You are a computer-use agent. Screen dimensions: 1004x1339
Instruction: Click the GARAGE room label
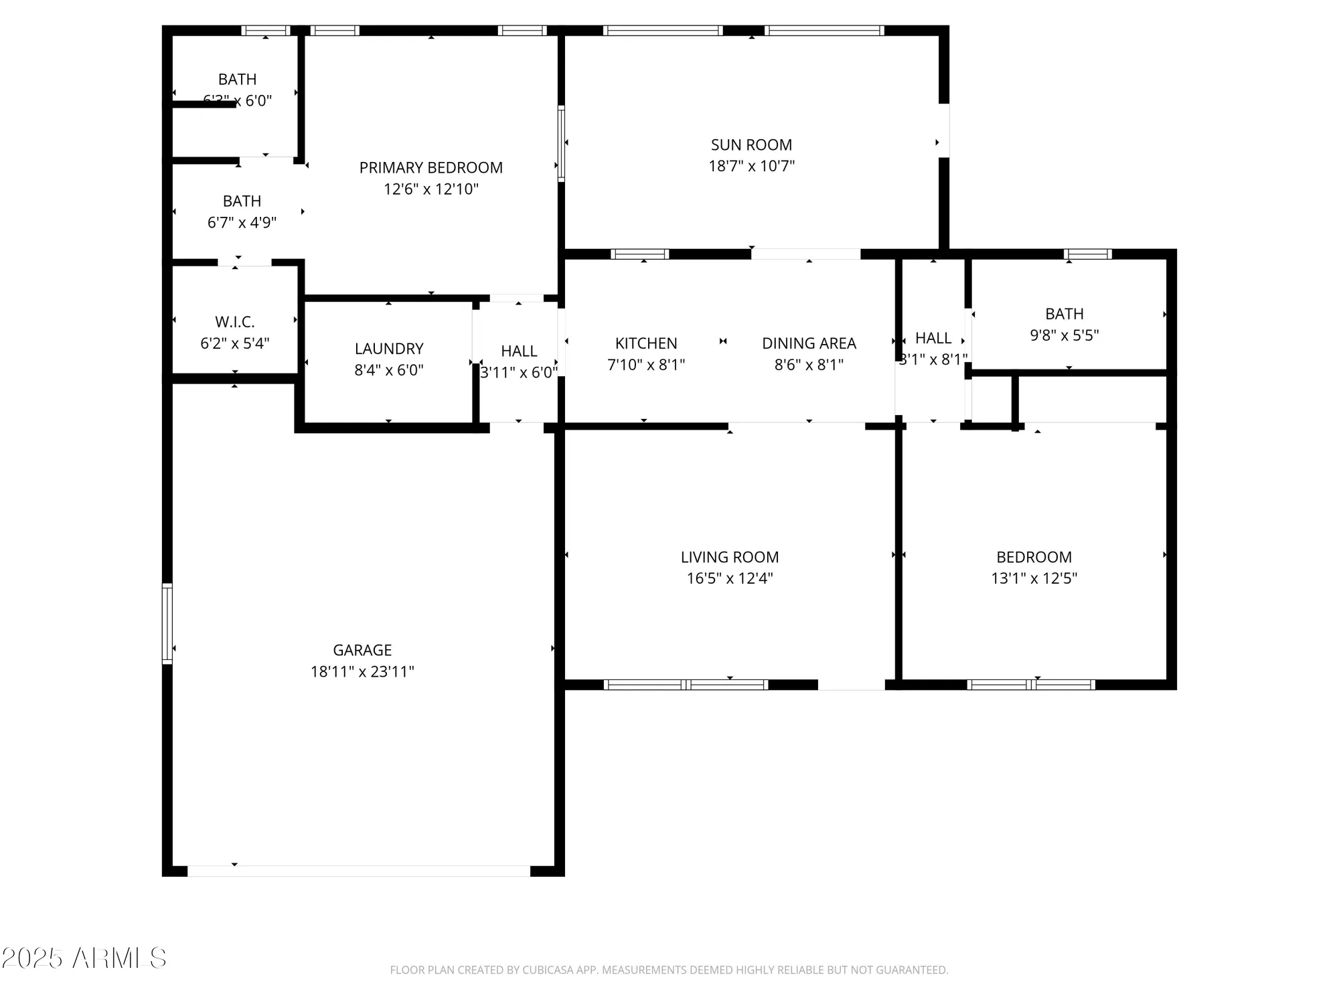tap(362, 650)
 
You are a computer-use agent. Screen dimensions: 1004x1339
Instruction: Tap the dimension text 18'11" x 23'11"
tap(362, 671)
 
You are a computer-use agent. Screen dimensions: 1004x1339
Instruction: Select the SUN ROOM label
tap(751, 145)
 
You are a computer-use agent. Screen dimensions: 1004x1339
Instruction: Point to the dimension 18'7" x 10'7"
tap(751, 166)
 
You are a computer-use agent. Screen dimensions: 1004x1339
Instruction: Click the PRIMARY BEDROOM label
tap(430, 167)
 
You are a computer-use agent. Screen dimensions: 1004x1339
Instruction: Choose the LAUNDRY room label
tap(389, 349)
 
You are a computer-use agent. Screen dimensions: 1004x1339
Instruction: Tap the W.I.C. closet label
tap(234, 322)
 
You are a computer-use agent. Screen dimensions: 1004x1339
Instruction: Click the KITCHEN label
tap(646, 343)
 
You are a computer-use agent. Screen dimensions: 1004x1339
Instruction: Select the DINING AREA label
tap(809, 343)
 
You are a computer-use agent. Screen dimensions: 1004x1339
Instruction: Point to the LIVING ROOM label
tap(730, 557)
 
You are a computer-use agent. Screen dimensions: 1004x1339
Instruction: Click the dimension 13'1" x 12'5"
tap(1034, 578)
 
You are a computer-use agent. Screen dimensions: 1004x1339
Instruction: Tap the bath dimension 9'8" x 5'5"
tap(1065, 335)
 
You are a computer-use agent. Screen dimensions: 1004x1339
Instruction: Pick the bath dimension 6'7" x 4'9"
tap(242, 222)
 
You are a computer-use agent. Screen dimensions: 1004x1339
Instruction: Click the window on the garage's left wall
tap(167, 624)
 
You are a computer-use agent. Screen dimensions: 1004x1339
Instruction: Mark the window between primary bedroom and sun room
tap(561, 143)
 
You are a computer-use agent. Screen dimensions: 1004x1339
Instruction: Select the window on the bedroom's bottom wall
tap(1031, 684)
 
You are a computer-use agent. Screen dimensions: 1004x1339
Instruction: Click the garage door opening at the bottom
tap(358, 871)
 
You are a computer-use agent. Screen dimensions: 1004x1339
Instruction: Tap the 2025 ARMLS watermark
tap(84, 958)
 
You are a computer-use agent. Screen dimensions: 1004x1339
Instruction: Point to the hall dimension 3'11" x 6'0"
tap(519, 372)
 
